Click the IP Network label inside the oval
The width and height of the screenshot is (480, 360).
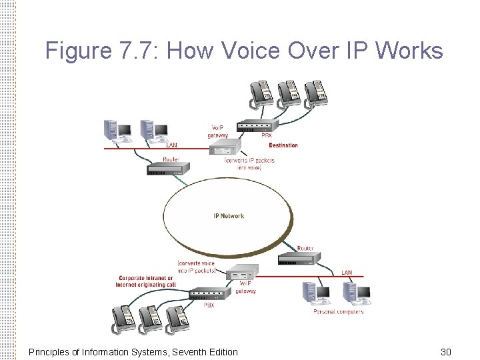[x=229, y=216]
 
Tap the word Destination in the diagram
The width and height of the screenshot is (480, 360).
[x=283, y=145]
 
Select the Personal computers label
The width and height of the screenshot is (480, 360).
[x=339, y=311]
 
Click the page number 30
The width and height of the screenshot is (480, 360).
[x=446, y=351]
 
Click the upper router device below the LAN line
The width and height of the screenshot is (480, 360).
[x=164, y=169]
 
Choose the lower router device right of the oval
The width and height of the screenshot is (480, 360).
[x=299, y=259]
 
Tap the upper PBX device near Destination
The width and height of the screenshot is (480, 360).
[x=257, y=125]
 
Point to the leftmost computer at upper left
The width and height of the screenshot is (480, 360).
[x=114, y=131]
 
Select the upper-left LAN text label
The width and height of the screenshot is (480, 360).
[x=172, y=145]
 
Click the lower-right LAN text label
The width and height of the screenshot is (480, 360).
[x=347, y=273]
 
